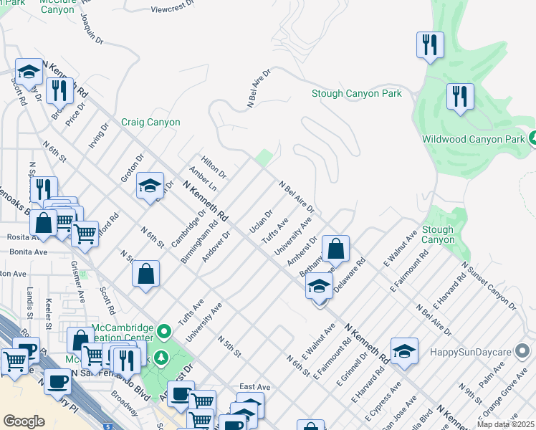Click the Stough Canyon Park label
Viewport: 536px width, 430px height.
point(356,94)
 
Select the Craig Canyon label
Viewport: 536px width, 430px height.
point(150,123)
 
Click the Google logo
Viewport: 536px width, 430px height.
point(24,421)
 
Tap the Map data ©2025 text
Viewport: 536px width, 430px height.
point(505,424)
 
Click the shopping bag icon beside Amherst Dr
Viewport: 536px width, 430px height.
point(335,250)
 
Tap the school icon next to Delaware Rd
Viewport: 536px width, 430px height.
point(320,287)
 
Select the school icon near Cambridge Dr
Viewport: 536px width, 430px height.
point(150,186)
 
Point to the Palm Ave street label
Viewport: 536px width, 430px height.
point(492,378)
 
